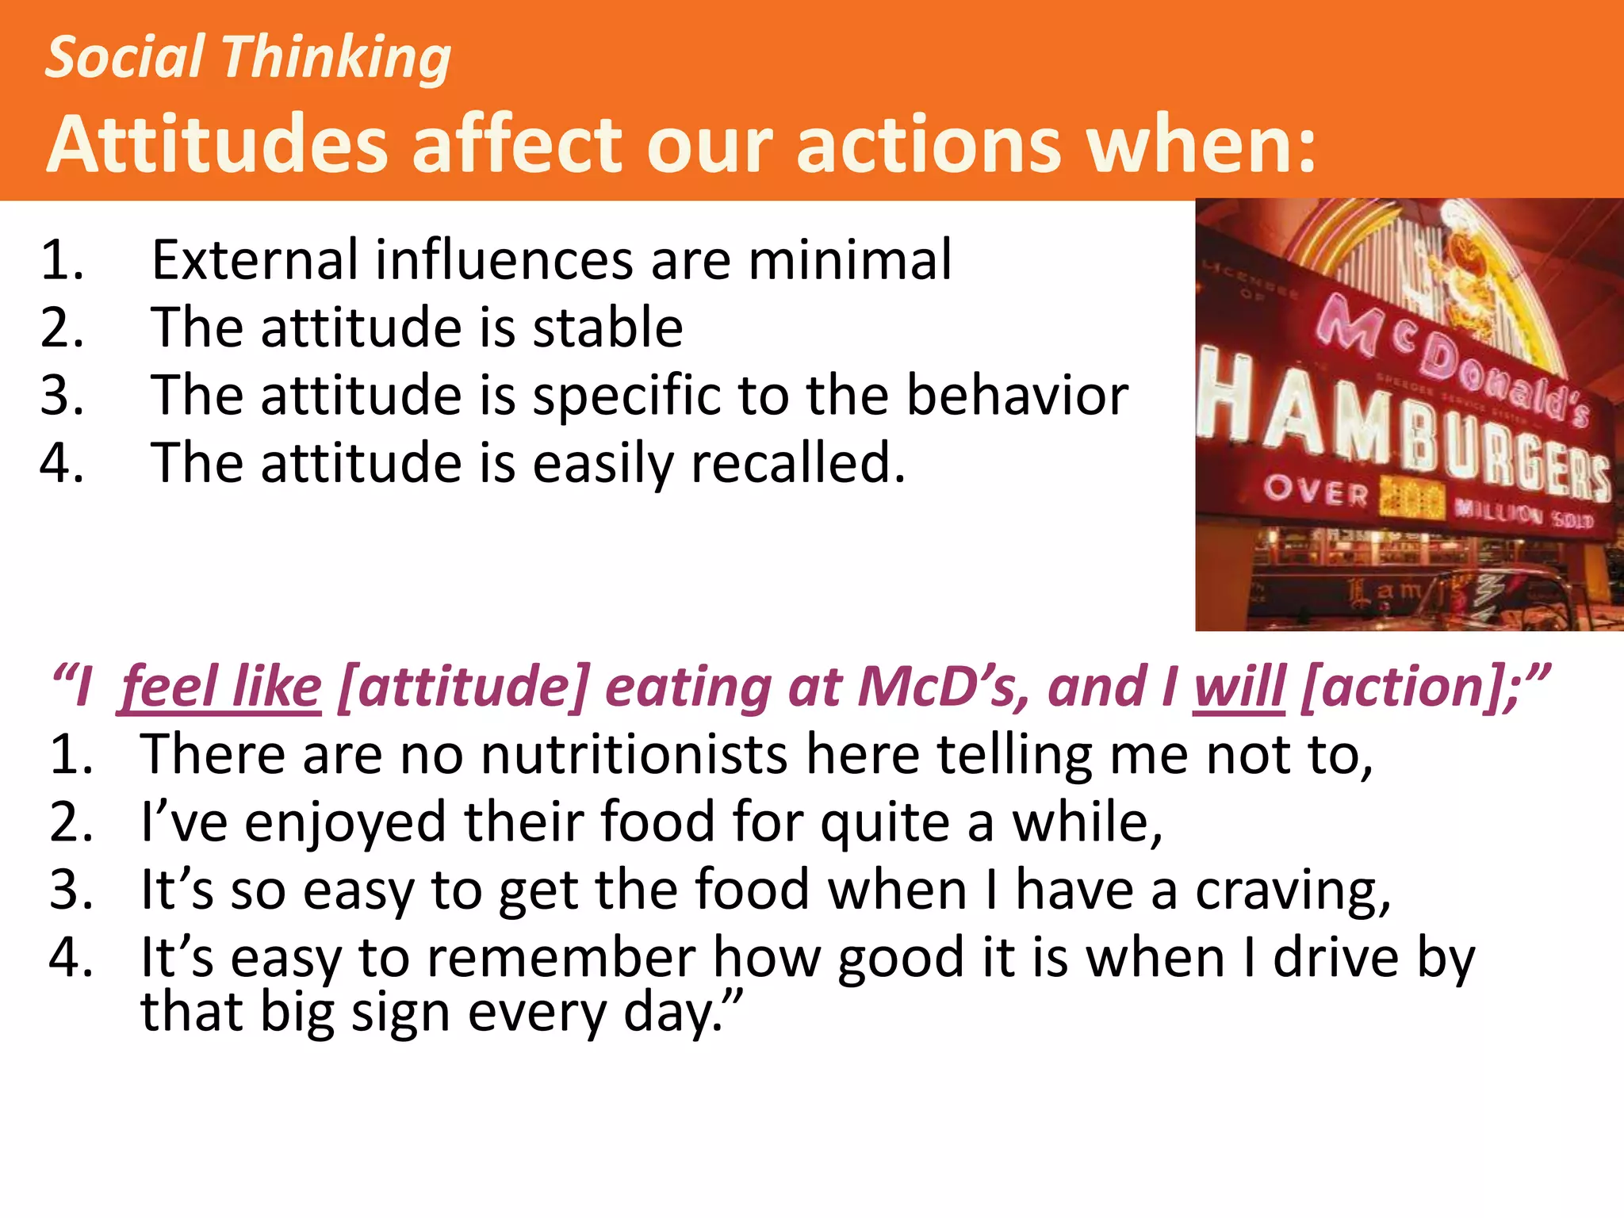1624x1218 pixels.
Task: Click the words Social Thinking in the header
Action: tap(247, 59)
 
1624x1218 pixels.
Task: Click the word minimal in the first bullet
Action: tap(849, 260)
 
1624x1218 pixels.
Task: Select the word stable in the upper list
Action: tap(607, 327)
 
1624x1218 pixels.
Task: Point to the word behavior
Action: tap(1017, 395)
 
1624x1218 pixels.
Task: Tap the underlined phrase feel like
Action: tap(220, 687)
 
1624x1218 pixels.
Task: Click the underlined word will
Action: tap(1239, 687)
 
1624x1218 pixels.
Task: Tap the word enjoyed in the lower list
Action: tap(346, 822)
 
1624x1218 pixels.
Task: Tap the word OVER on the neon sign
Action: tap(1316, 492)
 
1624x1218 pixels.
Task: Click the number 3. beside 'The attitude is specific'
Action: tap(62, 395)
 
